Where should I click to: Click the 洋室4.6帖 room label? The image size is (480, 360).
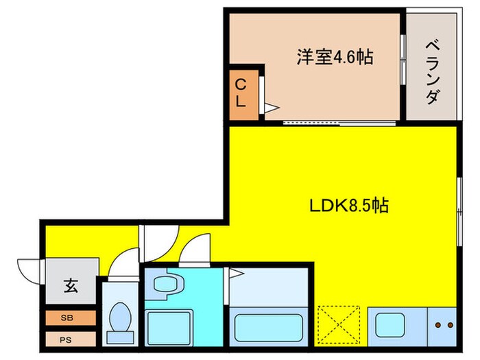[x=335, y=57]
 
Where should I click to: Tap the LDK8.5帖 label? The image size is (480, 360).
[x=348, y=205]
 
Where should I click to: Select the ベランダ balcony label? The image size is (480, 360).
[x=432, y=73]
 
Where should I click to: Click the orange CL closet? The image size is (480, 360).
[x=243, y=92]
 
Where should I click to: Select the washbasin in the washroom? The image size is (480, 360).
[x=165, y=284]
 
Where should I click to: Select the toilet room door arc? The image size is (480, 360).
[x=123, y=264]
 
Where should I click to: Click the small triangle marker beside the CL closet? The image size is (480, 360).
[x=271, y=107]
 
